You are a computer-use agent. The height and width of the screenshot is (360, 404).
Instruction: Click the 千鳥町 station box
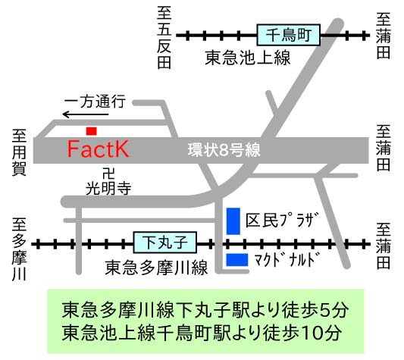pyautogui.click(x=288, y=35)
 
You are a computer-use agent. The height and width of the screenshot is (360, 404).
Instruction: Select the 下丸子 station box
pyautogui.click(x=165, y=243)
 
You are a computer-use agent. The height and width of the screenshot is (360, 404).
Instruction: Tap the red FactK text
pyautogui.click(x=98, y=149)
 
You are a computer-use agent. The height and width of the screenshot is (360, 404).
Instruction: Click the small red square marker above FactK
pyautogui.click(x=92, y=131)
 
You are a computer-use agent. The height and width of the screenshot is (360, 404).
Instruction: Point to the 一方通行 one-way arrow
pyautogui.click(x=86, y=114)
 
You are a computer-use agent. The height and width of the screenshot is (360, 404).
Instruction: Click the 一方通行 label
pyautogui.click(x=95, y=102)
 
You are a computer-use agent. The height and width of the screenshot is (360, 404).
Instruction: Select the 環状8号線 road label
pyautogui.click(x=224, y=150)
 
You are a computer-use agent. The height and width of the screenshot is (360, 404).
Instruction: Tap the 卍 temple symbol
pyautogui.click(x=108, y=174)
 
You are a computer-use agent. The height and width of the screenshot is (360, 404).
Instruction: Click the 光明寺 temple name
pyautogui.click(x=108, y=189)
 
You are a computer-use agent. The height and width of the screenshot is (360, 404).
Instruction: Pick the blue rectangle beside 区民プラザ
pyautogui.click(x=233, y=221)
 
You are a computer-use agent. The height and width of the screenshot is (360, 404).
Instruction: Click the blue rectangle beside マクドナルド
pyautogui.click(x=237, y=260)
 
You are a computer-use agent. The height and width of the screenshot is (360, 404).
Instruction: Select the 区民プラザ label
pyautogui.click(x=282, y=221)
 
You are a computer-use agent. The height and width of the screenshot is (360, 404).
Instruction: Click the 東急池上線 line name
pyautogui.click(x=248, y=58)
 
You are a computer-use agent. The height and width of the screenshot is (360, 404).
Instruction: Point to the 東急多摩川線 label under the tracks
pyautogui.click(x=156, y=268)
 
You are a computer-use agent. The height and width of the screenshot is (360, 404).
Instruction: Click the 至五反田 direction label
pyautogui.click(x=164, y=38)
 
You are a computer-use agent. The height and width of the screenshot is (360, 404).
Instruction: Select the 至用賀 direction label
pyautogui.click(x=19, y=152)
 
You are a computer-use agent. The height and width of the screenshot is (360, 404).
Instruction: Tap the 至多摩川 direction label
pyautogui.click(x=19, y=249)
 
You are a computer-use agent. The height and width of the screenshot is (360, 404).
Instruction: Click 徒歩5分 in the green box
pyautogui.click(x=315, y=310)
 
